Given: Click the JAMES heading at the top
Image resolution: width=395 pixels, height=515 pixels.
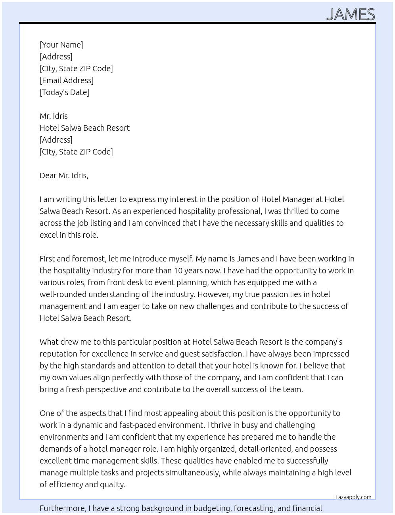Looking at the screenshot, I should click(351, 14).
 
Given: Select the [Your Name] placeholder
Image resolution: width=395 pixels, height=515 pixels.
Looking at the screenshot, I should click(61, 45).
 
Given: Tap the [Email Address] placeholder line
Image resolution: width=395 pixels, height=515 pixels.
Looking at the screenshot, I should click(67, 80).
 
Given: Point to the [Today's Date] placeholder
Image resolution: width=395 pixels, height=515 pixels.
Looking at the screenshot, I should click(64, 92).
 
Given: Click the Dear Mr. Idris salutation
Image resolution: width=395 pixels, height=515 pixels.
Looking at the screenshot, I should click(64, 175).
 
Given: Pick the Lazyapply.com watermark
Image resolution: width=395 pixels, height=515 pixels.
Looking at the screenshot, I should click(353, 497).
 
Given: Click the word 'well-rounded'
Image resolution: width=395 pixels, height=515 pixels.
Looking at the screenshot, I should click(63, 294).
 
